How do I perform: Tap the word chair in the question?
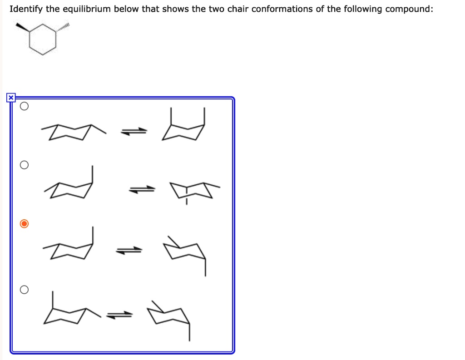coord(236,9)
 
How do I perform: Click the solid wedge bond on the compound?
coord(23,28)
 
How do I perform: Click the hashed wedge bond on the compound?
coord(63,28)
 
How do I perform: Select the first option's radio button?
coord(25,107)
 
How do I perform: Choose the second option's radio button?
coord(25,165)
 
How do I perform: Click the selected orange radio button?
coord(25,224)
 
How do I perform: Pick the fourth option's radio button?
coord(25,290)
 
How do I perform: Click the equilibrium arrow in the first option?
coord(134,132)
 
